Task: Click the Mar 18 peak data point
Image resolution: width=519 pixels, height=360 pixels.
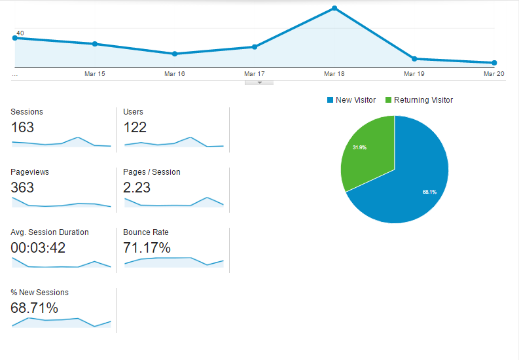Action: click(334, 9)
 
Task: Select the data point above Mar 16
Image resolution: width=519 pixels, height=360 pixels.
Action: click(174, 54)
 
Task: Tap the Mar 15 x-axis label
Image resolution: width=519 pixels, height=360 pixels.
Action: click(95, 74)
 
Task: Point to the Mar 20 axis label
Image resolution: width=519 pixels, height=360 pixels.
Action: click(493, 74)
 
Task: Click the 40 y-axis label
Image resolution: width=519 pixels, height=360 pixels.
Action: click(20, 33)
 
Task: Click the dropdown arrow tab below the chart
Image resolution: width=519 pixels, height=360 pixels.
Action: click(259, 82)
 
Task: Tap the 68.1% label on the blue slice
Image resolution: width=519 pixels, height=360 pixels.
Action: click(429, 192)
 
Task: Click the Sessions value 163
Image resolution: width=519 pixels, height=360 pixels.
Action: click(22, 127)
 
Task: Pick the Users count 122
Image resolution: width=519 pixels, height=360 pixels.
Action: click(135, 127)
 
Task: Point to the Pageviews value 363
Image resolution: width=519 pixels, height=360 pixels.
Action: click(22, 187)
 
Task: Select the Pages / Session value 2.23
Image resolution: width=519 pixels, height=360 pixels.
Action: click(137, 187)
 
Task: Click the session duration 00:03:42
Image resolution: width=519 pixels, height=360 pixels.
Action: click(38, 247)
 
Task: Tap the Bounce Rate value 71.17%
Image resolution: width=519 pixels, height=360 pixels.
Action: click(147, 247)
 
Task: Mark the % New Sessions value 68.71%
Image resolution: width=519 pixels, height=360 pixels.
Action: click(34, 308)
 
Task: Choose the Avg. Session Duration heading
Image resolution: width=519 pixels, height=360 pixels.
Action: click(50, 232)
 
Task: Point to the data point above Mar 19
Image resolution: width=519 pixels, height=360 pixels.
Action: click(414, 59)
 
